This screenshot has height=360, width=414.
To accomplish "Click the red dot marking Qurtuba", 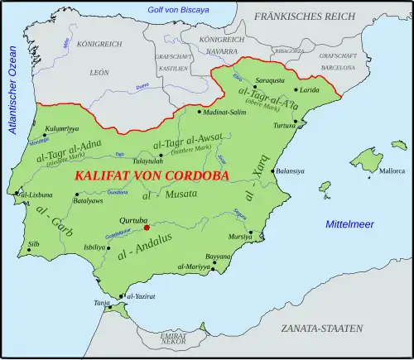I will tap(147, 226).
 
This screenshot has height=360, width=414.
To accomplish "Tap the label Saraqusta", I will tap(270, 79).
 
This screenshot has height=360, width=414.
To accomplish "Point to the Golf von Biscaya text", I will tap(178, 9).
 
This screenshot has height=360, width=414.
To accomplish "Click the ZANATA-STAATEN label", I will tap(321, 329).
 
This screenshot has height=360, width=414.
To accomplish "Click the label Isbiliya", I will tap(95, 247).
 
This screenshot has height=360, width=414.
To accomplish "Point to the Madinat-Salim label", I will tap(224, 113).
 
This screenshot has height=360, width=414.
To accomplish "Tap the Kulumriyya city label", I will tap(62, 128).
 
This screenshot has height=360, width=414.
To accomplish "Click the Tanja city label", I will tap(102, 304).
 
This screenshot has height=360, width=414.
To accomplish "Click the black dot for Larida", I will tap(296, 89).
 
